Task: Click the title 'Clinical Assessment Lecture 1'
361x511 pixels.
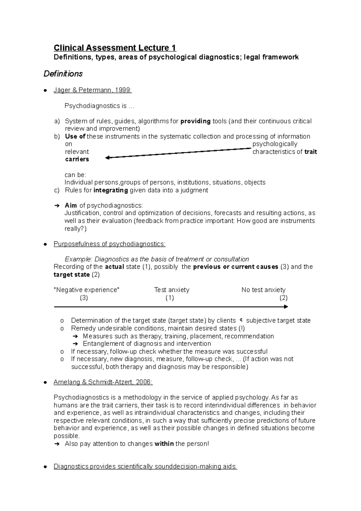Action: click(x=115, y=48)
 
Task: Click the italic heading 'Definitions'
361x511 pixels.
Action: click(x=63, y=74)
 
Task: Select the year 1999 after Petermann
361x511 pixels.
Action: click(x=125, y=90)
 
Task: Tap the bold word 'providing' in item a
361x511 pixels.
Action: click(x=195, y=121)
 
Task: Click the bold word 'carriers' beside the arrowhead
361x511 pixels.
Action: click(x=77, y=159)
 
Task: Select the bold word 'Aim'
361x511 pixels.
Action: click(x=71, y=206)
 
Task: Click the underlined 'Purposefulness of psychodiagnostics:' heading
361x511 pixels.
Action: click(x=110, y=244)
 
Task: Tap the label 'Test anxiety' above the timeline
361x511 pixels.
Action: click(x=171, y=290)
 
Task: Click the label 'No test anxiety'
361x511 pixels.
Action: click(x=263, y=290)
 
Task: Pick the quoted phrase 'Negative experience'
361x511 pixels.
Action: click(x=86, y=290)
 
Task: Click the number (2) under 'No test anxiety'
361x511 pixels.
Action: click(x=283, y=298)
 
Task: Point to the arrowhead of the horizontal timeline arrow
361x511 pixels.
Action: click(x=286, y=307)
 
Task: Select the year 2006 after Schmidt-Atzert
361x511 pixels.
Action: click(x=144, y=382)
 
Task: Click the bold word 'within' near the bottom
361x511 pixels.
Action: click(x=164, y=444)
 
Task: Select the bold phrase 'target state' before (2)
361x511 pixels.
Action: click(x=72, y=274)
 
